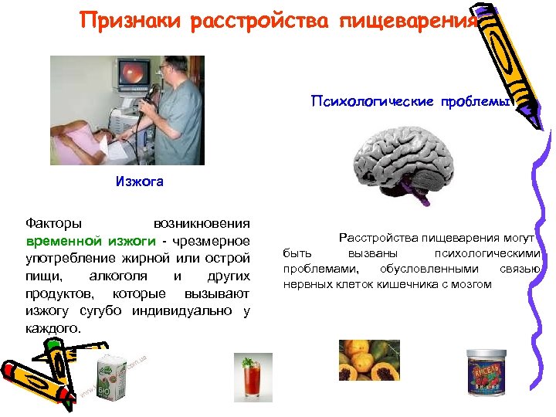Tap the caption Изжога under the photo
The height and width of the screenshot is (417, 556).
pyautogui.click(x=139, y=183)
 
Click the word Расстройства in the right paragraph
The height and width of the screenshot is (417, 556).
pyautogui.click(x=379, y=239)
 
